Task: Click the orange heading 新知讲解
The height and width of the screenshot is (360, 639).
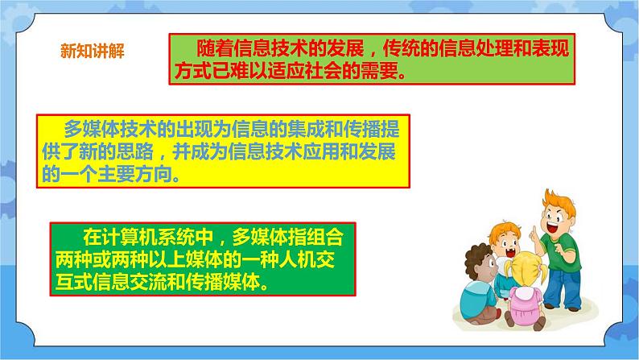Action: [93, 52]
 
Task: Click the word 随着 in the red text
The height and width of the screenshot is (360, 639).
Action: [215, 48]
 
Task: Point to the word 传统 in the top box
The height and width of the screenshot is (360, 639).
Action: [402, 48]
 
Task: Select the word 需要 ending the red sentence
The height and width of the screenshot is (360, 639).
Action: [379, 71]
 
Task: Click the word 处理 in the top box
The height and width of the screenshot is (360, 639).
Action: [495, 48]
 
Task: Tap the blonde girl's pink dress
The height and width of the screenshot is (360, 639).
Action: [524, 304]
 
